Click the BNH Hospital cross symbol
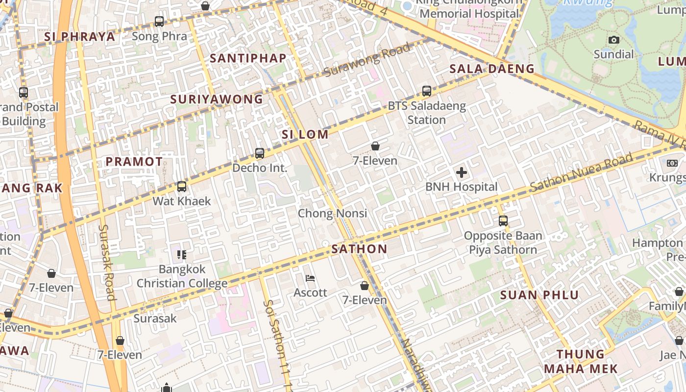pos(461,172)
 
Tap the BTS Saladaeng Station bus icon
pos(427,91)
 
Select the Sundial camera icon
pos(613,40)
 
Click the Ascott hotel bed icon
pos(310,279)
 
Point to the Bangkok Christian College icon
pos(182,255)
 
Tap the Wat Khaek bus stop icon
pos(182,187)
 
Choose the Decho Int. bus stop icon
pos(260,153)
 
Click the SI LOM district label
pos(305,134)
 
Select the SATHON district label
pos(359,249)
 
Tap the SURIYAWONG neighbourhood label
pos(217,99)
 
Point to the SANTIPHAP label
pos(248,58)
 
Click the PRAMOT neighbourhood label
pos(134,161)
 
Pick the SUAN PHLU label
pos(539,295)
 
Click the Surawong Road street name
pos(367,60)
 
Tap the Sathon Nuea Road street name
pos(582,173)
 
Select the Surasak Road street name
pos(107,262)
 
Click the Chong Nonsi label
pos(332,213)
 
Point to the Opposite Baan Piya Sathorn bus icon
pos(503,221)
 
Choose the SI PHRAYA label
pos(80,37)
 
